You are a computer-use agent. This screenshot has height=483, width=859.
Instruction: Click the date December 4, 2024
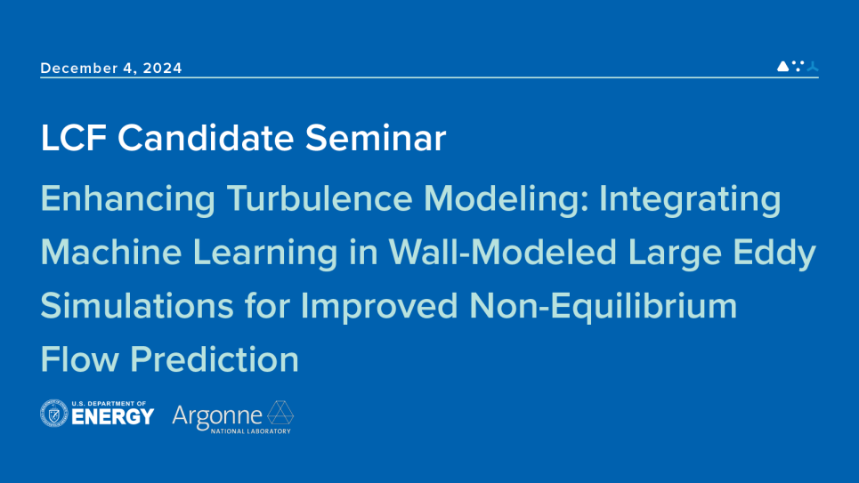[111, 68]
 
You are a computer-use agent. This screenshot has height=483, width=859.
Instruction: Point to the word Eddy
[770, 255]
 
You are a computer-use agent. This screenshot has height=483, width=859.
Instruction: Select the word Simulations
[134, 307]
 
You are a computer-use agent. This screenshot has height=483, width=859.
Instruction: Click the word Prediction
[215, 359]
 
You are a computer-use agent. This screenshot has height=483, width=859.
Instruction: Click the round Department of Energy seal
[54, 414]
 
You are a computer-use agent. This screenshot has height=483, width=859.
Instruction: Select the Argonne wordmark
[217, 415]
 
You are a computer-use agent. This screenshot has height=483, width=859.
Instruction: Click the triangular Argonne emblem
[280, 414]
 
